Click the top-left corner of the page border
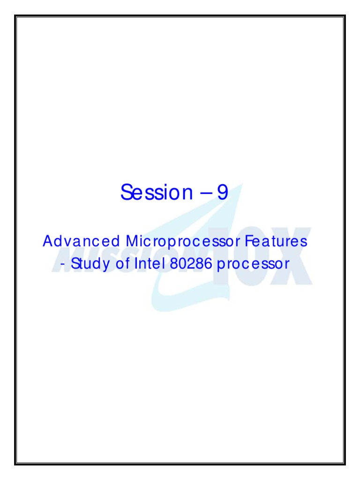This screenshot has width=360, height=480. [x=15, y=15]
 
